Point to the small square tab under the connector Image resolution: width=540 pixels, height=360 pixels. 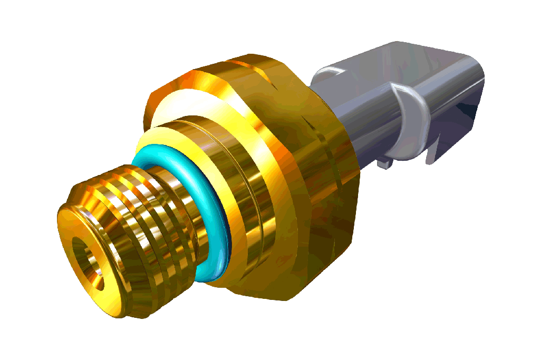tap(385, 164)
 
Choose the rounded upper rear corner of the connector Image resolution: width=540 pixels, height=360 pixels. tap(475, 61)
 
